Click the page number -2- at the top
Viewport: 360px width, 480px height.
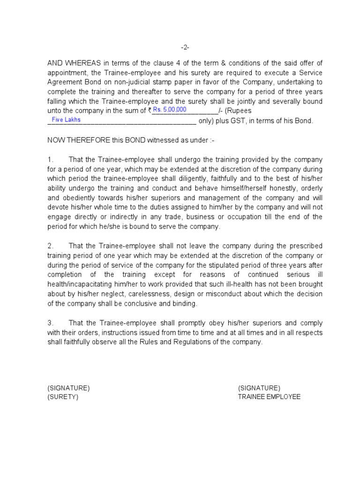(185, 47)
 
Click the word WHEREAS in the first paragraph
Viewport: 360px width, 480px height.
(81, 63)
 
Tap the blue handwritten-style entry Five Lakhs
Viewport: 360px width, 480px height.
(66, 120)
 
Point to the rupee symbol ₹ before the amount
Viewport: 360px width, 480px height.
(150, 111)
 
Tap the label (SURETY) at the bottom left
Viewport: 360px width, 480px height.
(63, 397)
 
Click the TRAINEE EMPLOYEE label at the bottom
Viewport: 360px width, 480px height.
(269, 397)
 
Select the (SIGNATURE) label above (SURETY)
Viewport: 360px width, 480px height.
(68, 388)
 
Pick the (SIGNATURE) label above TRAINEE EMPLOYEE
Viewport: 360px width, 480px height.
(259, 388)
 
